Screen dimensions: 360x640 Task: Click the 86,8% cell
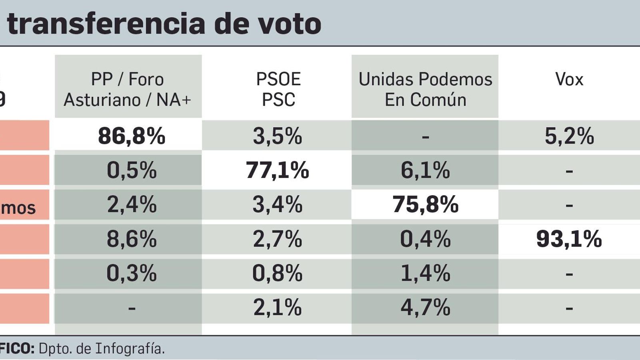[131, 136]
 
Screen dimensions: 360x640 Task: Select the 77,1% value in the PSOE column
[277, 170]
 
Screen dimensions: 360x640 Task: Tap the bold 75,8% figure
[425, 205]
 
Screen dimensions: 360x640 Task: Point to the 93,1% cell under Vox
[569, 239]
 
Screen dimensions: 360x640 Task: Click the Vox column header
[569, 79]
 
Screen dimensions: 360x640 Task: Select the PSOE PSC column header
[278, 89]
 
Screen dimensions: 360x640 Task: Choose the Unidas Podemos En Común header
[425, 89]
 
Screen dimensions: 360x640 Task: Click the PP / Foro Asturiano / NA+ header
[128, 89]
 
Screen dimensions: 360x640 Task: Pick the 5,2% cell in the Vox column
[569, 136]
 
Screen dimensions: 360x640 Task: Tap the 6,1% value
[425, 170]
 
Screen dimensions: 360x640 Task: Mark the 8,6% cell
[131, 239]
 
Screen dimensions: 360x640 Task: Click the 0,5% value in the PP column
[131, 170]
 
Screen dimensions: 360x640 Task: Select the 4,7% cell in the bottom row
[425, 308]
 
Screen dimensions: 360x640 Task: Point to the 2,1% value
[277, 308]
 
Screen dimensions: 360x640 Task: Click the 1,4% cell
[425, 274]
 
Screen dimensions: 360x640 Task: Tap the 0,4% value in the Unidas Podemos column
[425, 239]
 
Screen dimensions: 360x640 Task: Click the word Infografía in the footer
[130, 349]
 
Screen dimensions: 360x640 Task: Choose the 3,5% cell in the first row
[277, 136]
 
